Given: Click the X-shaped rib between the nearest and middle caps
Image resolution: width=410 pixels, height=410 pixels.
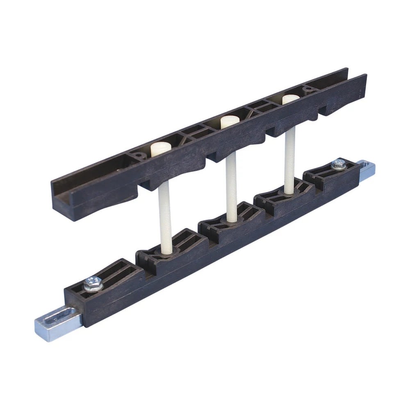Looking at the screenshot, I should point(193,132).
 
